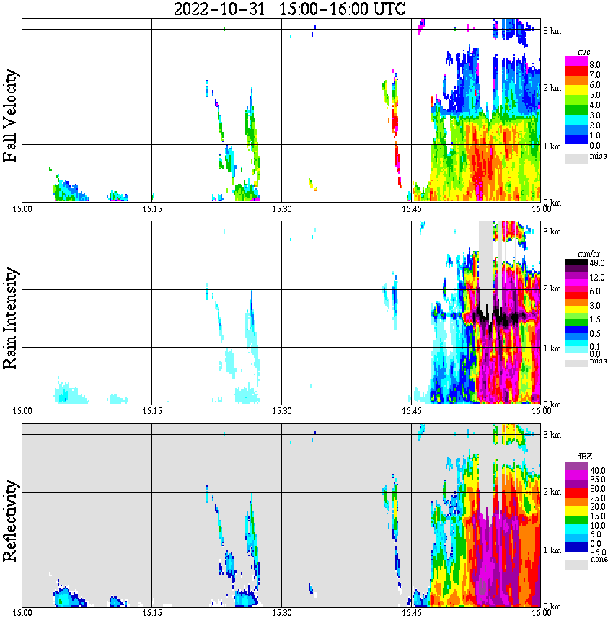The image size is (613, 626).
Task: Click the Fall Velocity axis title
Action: tap(11, 115)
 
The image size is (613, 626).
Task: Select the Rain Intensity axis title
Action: tap(11, 318)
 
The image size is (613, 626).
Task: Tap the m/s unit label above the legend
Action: tap(584, 53)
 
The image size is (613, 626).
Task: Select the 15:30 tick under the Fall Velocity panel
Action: tap(282, 209)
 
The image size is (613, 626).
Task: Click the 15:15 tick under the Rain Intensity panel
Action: tap(151, 411)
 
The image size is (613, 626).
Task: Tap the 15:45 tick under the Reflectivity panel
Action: tap(412, 614)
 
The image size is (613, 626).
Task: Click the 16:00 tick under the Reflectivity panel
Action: tap(542, 614)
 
